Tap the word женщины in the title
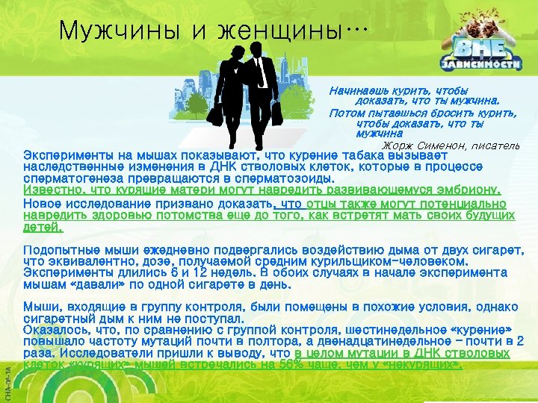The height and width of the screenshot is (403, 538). (276, 31)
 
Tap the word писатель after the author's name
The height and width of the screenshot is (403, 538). (492, 145)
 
